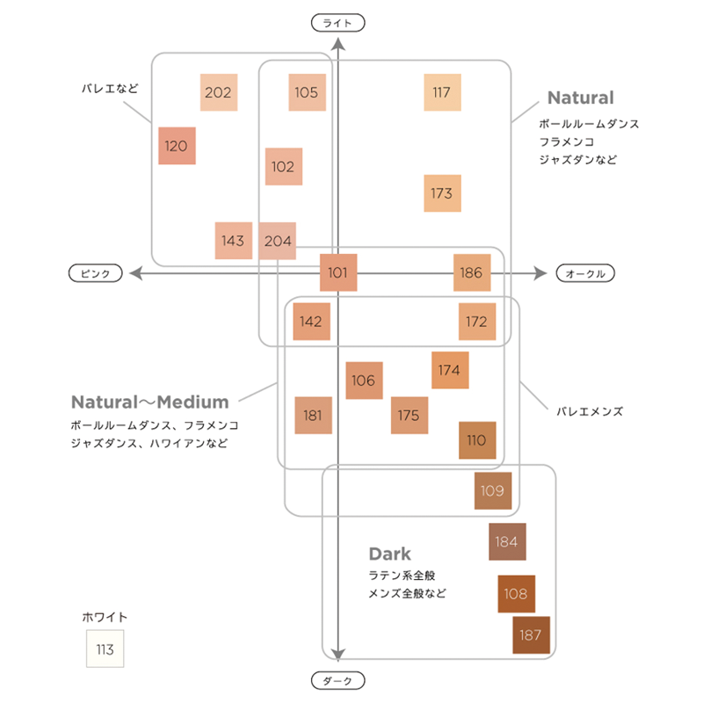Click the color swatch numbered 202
218,92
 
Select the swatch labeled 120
177,146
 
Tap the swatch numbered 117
442,92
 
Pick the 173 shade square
442,193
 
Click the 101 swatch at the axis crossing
338,273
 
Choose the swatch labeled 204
278,241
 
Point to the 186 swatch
472,273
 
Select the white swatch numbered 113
105,649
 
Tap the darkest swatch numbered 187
531,635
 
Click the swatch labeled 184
507,541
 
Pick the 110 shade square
477,440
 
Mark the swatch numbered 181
313,415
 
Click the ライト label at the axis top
338,24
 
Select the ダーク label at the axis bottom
338,680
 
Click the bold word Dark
389,554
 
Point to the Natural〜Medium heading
149,402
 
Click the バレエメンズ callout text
590,410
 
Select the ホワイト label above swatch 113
105,617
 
